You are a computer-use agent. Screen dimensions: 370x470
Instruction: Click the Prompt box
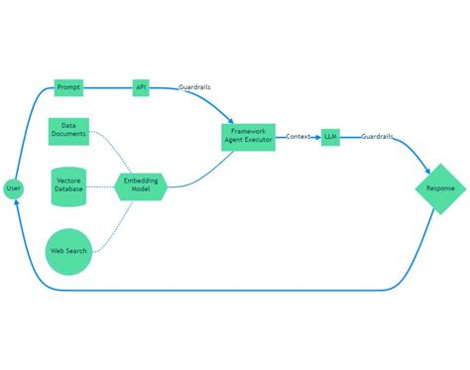(68, 88)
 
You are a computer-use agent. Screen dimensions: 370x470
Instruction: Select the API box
(141, 88)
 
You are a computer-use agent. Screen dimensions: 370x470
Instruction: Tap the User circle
(13, 188)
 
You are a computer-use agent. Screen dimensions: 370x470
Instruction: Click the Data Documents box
(68, 129)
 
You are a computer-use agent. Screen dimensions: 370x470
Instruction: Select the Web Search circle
(68, 250)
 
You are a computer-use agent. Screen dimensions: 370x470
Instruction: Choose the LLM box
(330, 137)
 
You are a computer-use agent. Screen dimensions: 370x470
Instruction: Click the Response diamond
(440, 188)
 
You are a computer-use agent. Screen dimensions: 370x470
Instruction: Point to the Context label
(299, 136)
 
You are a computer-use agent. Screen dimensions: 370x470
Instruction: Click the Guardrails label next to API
(193, 88)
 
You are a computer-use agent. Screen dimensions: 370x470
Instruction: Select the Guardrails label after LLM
(377, 136)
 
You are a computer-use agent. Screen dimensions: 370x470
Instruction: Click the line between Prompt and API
(107, 88)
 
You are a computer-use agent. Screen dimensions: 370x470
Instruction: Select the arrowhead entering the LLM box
(318, 137)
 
